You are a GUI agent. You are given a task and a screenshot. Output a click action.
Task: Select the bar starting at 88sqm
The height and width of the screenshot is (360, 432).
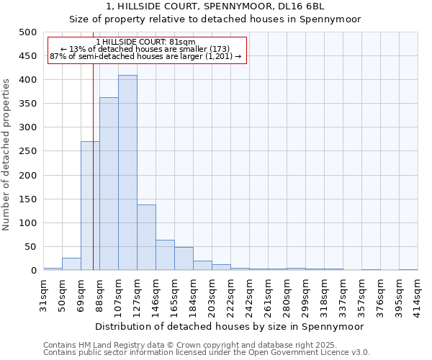(x=109, y=184)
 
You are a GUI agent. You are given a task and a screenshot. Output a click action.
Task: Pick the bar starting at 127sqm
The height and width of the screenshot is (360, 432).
(x=146, y=238)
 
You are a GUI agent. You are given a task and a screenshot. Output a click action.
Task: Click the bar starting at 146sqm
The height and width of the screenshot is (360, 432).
(x=165, y=255)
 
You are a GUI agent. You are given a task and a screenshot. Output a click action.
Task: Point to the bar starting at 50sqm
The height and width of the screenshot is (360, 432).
(x=71, y=264)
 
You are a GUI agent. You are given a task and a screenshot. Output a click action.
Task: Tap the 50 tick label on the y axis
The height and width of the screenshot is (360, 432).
(x=30, y=247)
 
